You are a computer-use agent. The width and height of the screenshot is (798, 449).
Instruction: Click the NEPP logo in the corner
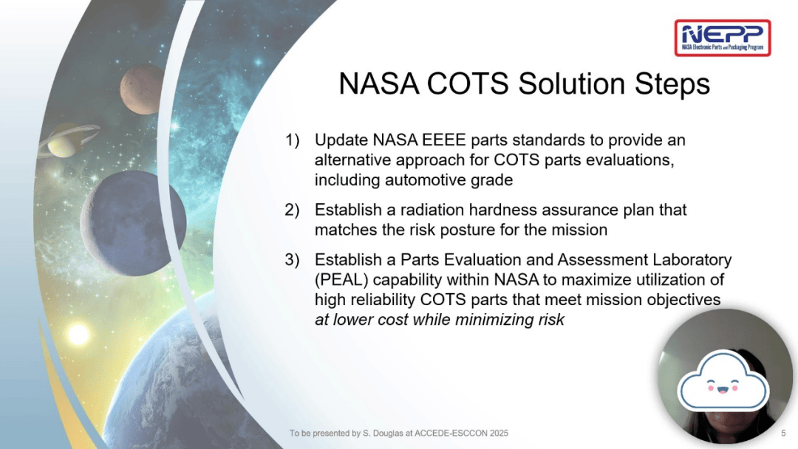pyautogui.click(x=722, y=38)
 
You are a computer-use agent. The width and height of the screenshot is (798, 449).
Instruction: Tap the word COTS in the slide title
pyautogui.click(x=468, y=83)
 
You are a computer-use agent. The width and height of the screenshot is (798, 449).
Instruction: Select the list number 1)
pyautogui.click(x=292, y=140)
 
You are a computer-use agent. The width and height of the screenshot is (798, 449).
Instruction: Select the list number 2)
pyautogui.click(x=292, y=210)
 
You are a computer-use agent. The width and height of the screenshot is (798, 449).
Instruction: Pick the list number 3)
pyautogui.click(x=292, y=259)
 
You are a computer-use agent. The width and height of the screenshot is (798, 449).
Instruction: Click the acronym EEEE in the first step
pyautogui.click(x=440, y=140)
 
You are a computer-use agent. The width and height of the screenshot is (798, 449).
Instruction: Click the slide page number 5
pyautogui.click(x=783, y=433)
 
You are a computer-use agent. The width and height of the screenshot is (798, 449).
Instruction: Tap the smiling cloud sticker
pyautogui.click(x=723, y=380)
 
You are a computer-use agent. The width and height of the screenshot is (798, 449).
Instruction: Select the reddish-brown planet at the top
pyautogui.click(x=143, y=89)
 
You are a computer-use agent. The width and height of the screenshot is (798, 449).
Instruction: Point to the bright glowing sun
pyautogui.click(x=78, y=334)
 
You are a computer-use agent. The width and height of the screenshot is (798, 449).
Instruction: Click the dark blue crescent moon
pyautogui.click(x=133, y=223)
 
